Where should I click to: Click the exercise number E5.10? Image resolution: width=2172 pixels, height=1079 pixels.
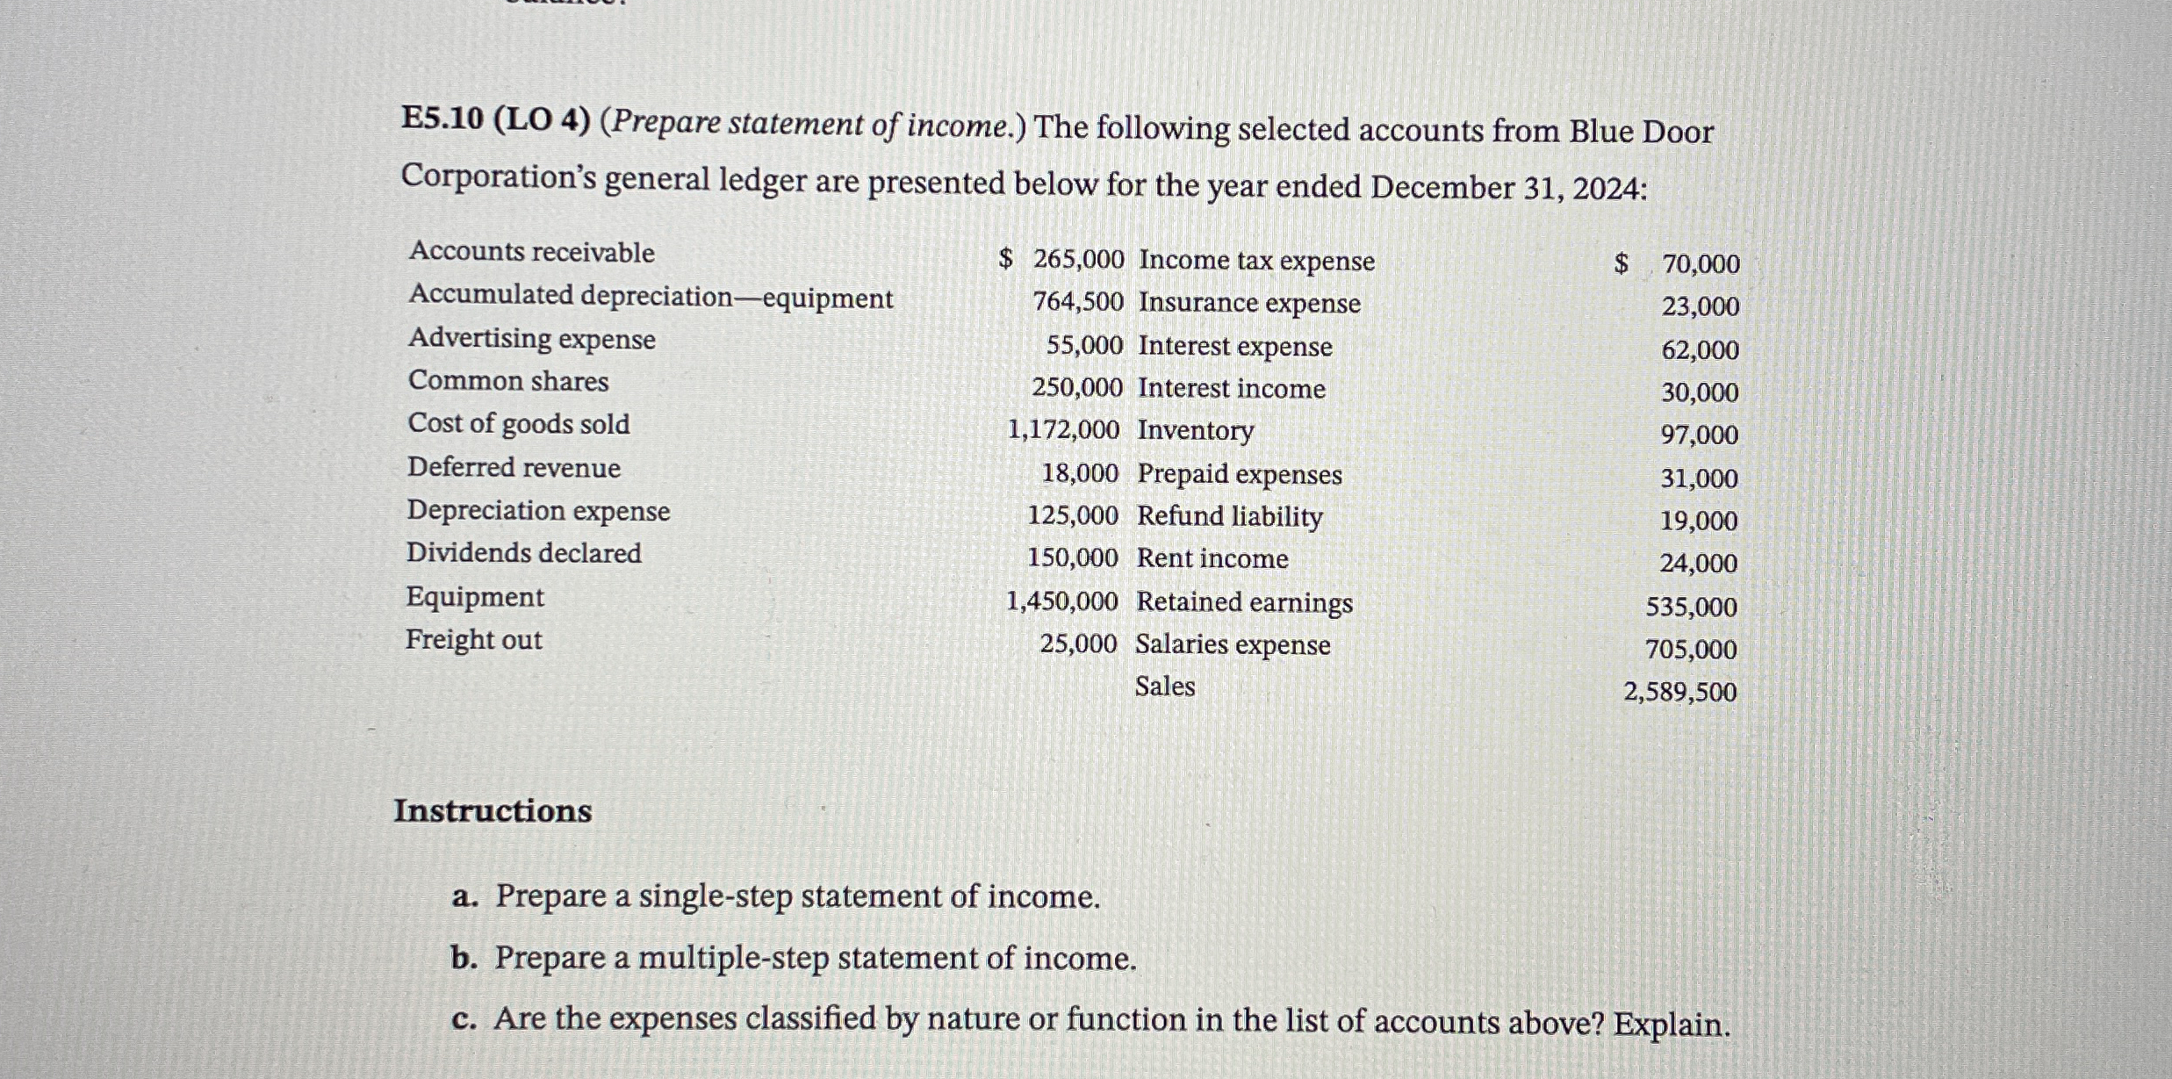pyautogui.click(x=442, y=120)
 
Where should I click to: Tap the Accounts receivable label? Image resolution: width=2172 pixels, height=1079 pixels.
pyautogui.click(x=531, y=252)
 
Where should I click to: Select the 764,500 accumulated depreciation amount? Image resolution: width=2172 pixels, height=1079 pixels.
pyautogui.click(x=1077, y=302)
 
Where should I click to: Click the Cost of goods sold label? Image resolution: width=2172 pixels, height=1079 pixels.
pyautogui.click(x=518, y=424)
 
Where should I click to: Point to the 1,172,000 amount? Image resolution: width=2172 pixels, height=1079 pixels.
pyautogui.click(x=1063, y=430)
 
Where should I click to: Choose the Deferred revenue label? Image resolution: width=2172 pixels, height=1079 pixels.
pyautogui.click(x=514, y=467)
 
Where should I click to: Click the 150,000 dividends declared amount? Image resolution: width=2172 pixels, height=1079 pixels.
pyautogui.click(x=1073, y=558)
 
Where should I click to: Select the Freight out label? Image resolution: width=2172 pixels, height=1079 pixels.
pyautogui.click(x=473, y=640)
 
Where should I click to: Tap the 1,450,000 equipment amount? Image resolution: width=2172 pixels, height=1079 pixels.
pyautogui.click(x=1061, y=601)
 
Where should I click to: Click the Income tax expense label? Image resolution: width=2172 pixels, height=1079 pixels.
pyautogui.click(x=1256, y=261)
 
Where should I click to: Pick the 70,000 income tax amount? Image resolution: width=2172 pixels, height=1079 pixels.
pyautogui.click(x=1701, y=264)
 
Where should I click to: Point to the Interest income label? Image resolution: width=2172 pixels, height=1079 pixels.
pyautogui.click(x=1231, y=388)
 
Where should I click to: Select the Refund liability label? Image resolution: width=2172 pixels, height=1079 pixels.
pyautogui.click(x=1229, y=516)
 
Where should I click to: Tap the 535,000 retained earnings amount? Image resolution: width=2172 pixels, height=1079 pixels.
pyautogui.click(x=1691, y=607)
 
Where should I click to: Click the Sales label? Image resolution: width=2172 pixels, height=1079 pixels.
pyautogui.click(x=1164, y=687)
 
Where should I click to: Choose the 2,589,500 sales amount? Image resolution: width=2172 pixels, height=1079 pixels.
pyautogui.click(x=1679, y=693)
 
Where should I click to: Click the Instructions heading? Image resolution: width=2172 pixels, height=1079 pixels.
pyautogui.click(x=493, y=810)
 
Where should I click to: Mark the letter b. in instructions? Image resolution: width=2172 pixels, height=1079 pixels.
pyautogui.click(x=464, y=959)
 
